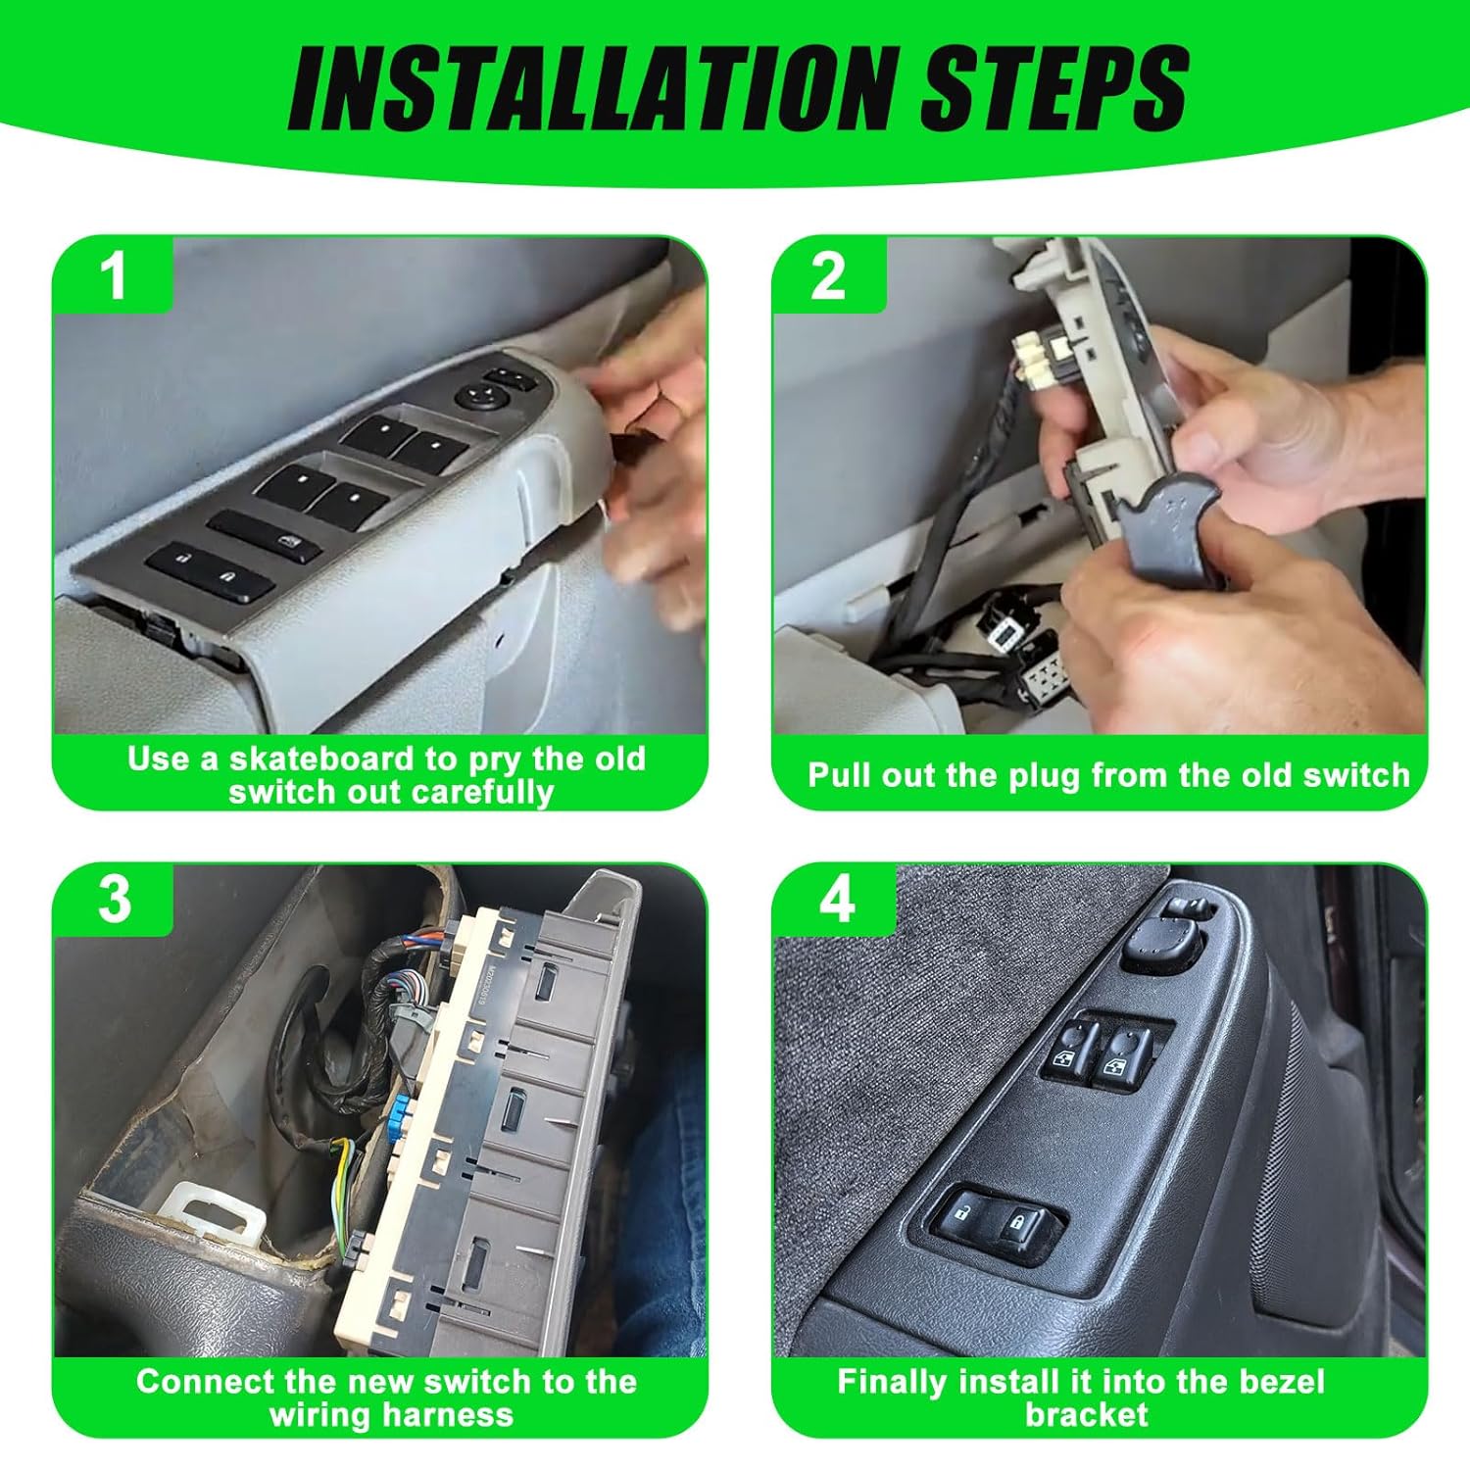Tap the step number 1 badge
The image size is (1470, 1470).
pos(115,276)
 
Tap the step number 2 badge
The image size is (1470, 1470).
pos(828,276)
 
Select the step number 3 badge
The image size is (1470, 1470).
pos(115,899)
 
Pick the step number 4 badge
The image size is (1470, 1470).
pos(836,899)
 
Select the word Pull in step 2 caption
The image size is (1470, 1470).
pos(840,776)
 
